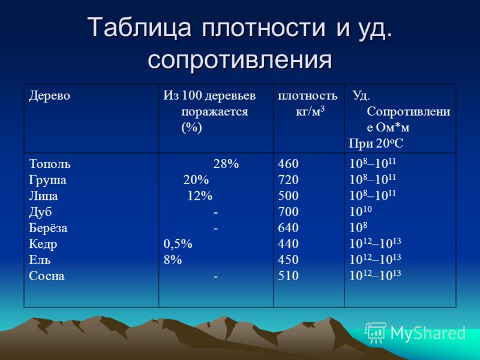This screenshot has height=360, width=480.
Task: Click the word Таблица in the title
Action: pyautogui.click(x=139, y=27)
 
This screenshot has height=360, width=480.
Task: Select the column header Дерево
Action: pyautogui.click(x=50, y=95)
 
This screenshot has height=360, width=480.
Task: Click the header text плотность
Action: pyautogui.click(x=308, y=96)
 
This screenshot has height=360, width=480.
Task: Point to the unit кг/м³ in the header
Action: pyautogui.click(x=310, y=112)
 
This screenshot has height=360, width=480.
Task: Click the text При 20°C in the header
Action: pyautogui.click(x=376, y=143)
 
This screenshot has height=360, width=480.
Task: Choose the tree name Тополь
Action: pyautogui.click(x=50, y=164)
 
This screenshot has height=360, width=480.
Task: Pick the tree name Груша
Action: pyautogui.click(x=48, y=180)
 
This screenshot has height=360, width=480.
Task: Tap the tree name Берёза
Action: pyautogui.click(x=48, y=228)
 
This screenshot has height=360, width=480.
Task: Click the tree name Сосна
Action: pyautogui.click(x=47, y=276)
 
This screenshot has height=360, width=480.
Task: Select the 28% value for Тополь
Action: pyautogui.click(x=226, y=164)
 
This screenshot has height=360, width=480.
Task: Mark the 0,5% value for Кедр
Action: pyautogui.click(x=178, y=244)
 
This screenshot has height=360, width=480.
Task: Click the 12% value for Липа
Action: pyautogui.click(x=200, y=196)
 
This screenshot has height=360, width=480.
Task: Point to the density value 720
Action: pyautogui.click(x=288, y=179)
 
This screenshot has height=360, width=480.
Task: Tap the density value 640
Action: pyautogui.click(x=288, y=228)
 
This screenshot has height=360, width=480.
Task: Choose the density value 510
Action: pyautogui.click(x=288, y=276)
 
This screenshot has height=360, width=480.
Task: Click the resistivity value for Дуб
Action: pyautogui.click(x=361, y=211)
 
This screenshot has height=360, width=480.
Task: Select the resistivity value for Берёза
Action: pyautogui.click(x=358, y=227)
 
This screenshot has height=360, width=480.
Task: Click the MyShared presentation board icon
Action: pyautogui.click(x=376, y=333)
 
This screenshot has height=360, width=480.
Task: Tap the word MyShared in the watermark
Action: pyautogui.click(x=428, y=333)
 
